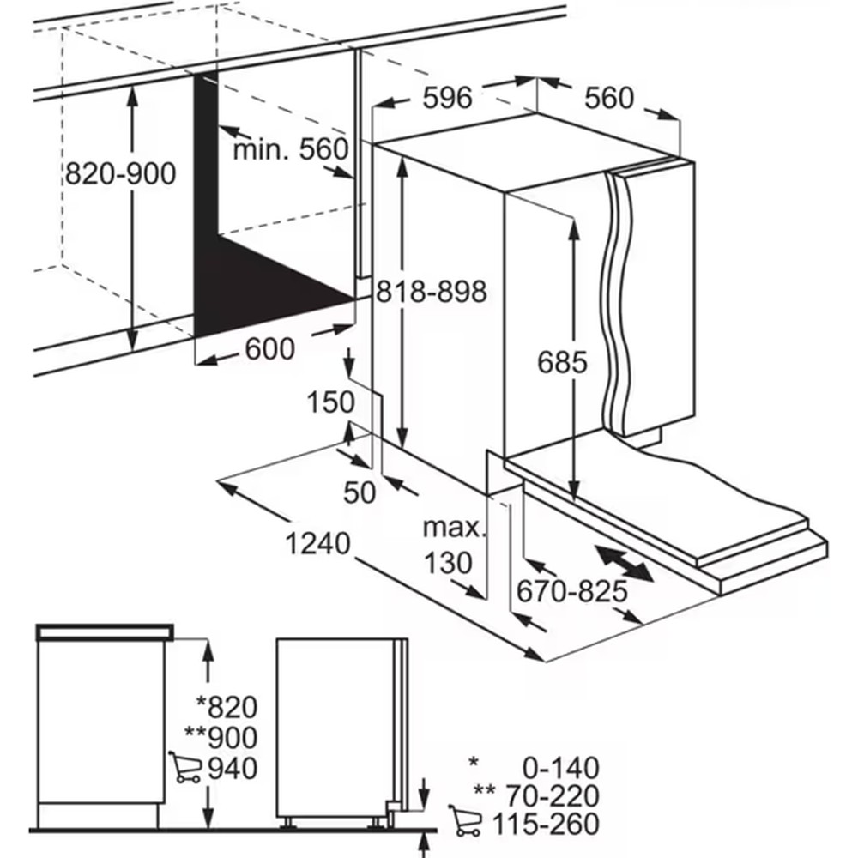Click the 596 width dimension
tap(448, 98)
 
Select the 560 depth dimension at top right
tap(609, 98)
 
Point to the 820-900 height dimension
tap(121, 174)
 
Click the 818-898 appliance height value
tap(432, 292)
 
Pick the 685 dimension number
tap(562, 362)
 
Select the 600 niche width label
tap(269, 349)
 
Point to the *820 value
tap(227, 707)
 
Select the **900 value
tap(221, 737)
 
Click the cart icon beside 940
tap(184, 767)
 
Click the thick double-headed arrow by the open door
tap(624, 567)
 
